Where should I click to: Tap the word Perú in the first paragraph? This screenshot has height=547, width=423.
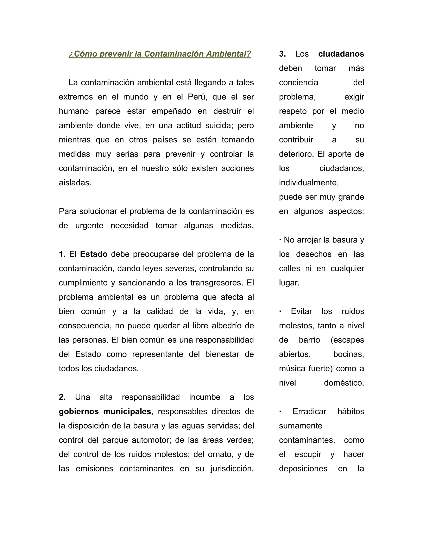197,97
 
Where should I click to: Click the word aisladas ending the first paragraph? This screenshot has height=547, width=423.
75,183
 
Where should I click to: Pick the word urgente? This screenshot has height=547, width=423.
89,226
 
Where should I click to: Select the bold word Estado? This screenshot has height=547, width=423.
94,254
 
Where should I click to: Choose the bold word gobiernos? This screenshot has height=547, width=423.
79,412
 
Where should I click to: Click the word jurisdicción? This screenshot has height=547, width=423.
232,469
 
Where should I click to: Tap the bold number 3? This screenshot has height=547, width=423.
282,54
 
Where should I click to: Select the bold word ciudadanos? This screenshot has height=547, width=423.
341,54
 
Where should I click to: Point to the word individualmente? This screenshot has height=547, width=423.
309,183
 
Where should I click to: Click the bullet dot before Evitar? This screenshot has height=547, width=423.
280,311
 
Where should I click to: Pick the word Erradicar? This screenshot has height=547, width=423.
309,412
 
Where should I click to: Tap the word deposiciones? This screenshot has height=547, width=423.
303,469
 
